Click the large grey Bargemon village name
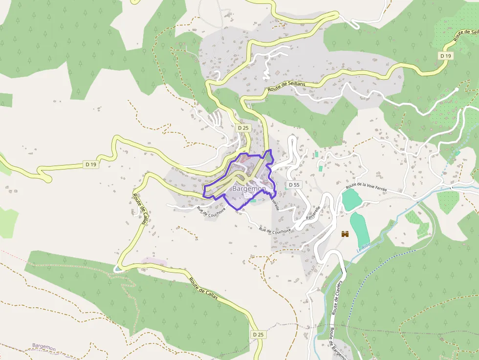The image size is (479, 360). point(249,189)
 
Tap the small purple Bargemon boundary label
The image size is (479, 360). point(44,346)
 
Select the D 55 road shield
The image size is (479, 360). point(294,185)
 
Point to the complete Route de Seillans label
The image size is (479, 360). point(286,87)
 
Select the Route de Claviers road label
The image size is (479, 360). point(337,297)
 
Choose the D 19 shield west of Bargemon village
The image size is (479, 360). point(91,165)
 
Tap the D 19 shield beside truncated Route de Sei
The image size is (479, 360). point(445,56)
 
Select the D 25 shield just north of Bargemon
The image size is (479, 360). point(243,128)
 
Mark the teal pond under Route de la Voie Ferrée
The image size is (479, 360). point(350,199)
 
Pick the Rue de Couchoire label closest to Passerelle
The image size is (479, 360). point(275,230)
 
